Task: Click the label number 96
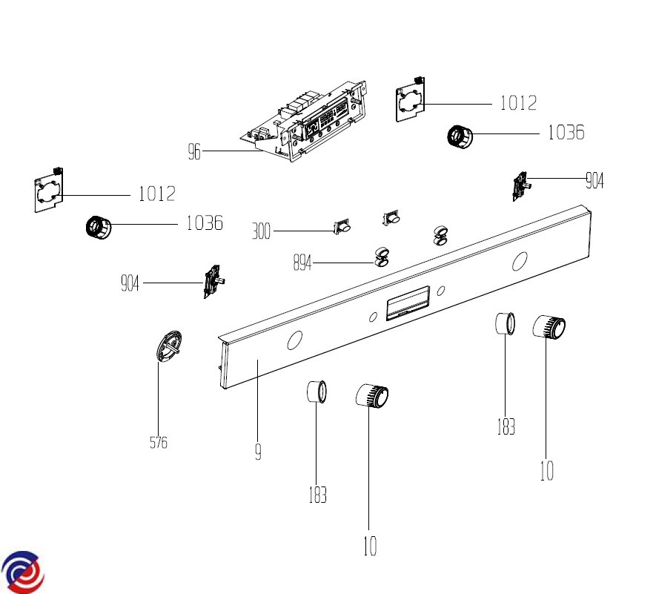point(194,152)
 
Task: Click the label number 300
point(261,232)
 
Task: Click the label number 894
point(302,263)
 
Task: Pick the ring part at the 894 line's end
point(382,256)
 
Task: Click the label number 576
point(158,443)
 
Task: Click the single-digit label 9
point(258,452)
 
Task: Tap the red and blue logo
point(21,572)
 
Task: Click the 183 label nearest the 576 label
point(317,495)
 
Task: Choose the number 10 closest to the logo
point(369,547)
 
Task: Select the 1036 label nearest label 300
point(204,222)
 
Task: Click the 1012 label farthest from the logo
point(518,103)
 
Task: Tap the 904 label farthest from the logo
point(594,179)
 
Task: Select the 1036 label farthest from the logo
point(566,133)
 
